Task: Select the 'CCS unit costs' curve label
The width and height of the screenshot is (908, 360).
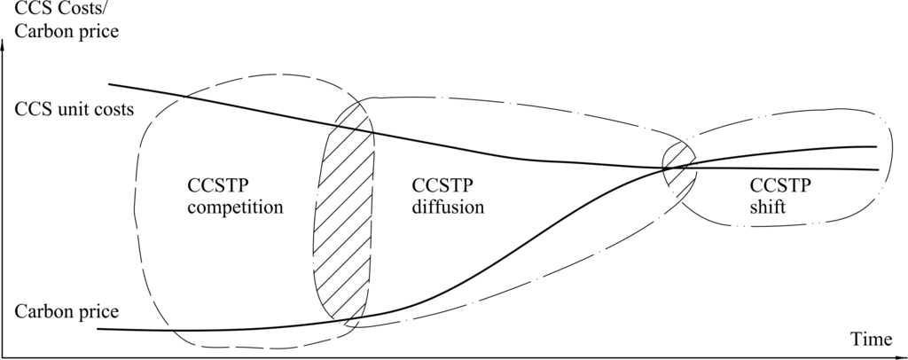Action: (x=74, y=111)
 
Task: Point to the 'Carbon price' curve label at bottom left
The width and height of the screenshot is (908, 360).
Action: (x=67, y=311)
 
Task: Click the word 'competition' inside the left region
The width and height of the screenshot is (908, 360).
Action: (x=235, y=208)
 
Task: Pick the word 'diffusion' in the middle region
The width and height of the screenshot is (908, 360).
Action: (x=447, y=208)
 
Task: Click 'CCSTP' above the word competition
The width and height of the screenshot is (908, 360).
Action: (x=219, y=186)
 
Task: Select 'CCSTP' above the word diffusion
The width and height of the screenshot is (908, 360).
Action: (x=442, y=186)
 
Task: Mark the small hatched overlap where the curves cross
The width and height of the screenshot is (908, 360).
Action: (x=681, y=165)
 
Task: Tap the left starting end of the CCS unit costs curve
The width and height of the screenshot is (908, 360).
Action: (x=109, y=84)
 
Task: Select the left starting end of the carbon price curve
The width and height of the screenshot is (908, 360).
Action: (x=98, y=329)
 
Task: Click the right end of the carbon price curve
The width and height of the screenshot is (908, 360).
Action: (x=876, y=146)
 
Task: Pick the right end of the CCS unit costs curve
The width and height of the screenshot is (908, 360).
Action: (x=878, y=169)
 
